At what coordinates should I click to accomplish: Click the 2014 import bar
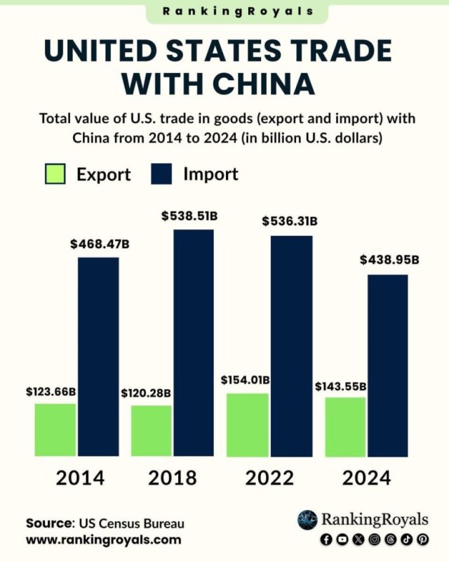coord(98,357)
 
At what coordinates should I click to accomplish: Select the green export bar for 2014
coord(55,430)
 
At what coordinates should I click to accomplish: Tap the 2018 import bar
coord(194,343)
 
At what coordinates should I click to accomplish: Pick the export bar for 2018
coord(151,431)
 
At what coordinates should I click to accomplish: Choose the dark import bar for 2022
coord(291,346)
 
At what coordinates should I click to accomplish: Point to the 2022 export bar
coord(247,425)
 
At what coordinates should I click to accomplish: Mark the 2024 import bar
coord(388,365)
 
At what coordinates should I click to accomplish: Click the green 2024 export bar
coord(344,427)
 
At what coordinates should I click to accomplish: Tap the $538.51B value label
coord(189,216)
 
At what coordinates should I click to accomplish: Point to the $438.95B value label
coord(389,259)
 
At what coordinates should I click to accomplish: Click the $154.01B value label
coord(245,380)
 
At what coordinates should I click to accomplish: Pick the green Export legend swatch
coord(55,174)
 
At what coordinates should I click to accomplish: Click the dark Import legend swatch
coord(161,174)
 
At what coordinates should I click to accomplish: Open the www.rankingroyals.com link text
coord(103,540)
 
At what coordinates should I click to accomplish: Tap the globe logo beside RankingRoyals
coord(307,520)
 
